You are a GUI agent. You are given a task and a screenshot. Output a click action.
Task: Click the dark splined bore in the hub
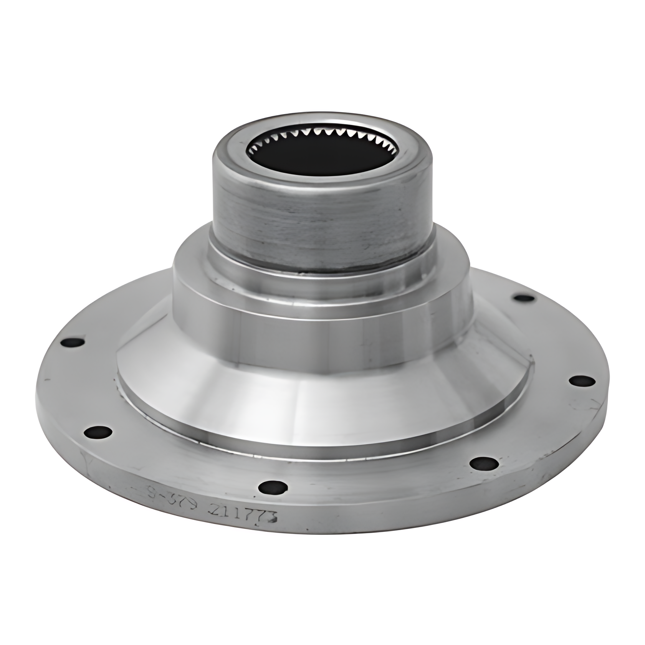tap(321, 155)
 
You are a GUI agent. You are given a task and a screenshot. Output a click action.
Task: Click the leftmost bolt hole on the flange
tap(73, 343)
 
